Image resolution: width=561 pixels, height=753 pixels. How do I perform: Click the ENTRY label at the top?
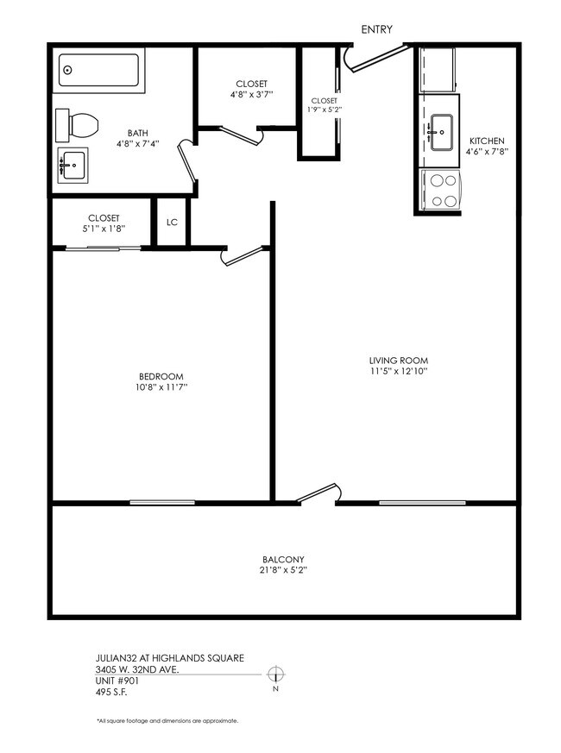tap(376, 29)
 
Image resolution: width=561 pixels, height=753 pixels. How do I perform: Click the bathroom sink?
tap(73, 164)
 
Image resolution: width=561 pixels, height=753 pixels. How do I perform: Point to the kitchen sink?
tap(440, 132)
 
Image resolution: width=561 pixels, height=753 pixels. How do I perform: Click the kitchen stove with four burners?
tap(441, 191)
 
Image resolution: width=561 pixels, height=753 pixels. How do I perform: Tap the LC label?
tap(172, 223)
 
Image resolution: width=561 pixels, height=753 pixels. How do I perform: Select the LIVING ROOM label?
tap(399, 361)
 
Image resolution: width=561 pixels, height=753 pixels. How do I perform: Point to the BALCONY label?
tap(284, 559)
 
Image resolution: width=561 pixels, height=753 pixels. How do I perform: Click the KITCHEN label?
tap(487, 141)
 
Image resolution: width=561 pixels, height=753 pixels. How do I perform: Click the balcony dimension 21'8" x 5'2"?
tap(284, 570)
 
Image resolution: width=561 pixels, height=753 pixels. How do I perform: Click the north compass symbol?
tap(275, 675)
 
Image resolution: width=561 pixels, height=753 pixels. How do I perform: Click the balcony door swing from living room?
tap(319, 493)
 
